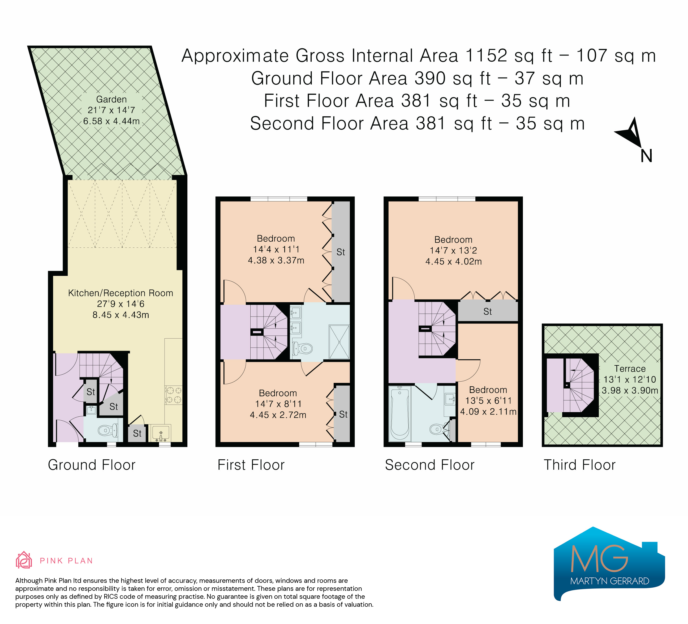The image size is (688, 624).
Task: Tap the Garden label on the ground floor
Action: (x=111, y=99)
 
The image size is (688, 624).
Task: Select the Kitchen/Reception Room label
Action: (x=121, y=293)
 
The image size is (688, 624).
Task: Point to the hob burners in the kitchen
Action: (x=173, y=395)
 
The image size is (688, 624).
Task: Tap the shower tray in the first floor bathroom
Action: (x=339, y=342)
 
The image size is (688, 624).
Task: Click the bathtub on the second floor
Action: (x=400, y=413)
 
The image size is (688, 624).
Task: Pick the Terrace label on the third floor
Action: (x=630, y=369)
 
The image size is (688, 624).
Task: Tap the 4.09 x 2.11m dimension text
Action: (x=488, y=412)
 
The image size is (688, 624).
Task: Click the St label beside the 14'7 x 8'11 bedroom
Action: (x=343, y=414)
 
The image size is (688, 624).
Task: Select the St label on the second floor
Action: (x=487, y=311)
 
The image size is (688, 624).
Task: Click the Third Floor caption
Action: (x=579, y=465)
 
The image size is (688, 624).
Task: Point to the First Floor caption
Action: (x=251, y=465)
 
